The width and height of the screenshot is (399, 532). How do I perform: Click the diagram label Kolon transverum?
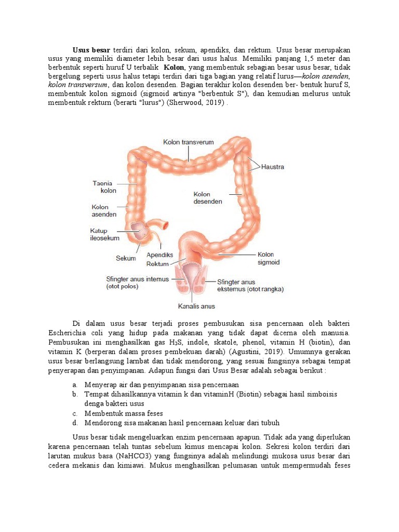pyautogui.click(x=188, y=142)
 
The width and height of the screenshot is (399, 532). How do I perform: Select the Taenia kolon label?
pyautogui.click(x=104, y=187)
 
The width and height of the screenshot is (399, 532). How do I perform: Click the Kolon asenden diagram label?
pyautogui.click(x=104, y=210)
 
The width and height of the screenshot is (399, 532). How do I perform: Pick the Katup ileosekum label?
pyautogui.click(x=104, y=235)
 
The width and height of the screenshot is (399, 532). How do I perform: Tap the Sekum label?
pyautogui.click(x=125, y=258)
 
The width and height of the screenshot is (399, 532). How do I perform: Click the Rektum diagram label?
pyautogui.click(x=157, y=264)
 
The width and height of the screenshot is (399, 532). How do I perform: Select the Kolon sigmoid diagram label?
pyautogui.click(x=269, y=259)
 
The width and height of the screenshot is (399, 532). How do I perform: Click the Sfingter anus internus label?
pyautogui.click(x=137, y=279)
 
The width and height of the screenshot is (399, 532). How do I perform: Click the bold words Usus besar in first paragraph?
pyautogui.click(x=91, y=50)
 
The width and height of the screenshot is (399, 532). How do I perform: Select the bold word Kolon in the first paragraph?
pyautogui.click(x=175, y=68)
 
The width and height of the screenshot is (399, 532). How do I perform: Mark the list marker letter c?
pyautogui.click(x=75, y=414)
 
